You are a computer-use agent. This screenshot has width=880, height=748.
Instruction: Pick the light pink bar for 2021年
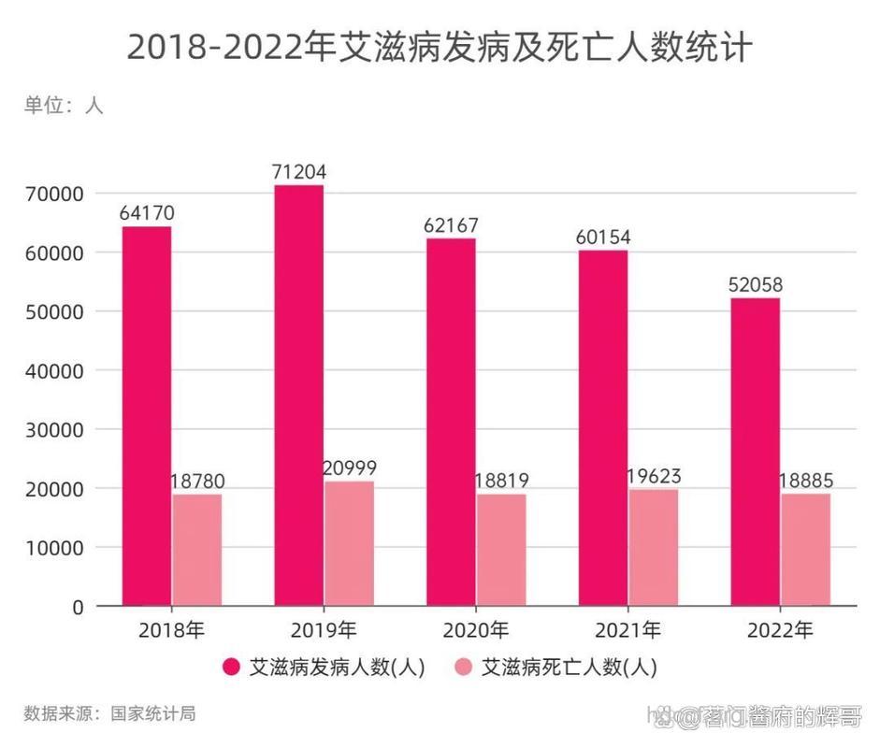point(654,547)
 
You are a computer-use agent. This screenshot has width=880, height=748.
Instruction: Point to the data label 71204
point(298,171)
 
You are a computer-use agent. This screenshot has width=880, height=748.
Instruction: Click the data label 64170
point(147,213)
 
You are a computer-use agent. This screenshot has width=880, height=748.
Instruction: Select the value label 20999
point(349,467)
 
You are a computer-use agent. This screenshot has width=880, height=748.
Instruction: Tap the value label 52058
point(756,284)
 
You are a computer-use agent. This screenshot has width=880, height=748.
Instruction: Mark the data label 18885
point(806,481)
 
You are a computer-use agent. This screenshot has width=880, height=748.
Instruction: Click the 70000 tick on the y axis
point(57,194)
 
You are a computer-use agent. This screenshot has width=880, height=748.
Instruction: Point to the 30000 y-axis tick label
point(57,430)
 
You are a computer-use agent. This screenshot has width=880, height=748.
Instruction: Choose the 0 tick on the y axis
point(78,607)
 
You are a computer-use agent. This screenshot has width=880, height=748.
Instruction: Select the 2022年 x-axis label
point(780,630)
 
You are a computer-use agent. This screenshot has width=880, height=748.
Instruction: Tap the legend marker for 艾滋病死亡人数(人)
point(463,667)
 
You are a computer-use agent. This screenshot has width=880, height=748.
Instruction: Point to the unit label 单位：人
point(64,106)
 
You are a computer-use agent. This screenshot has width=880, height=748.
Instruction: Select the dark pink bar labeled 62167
point(451,422)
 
